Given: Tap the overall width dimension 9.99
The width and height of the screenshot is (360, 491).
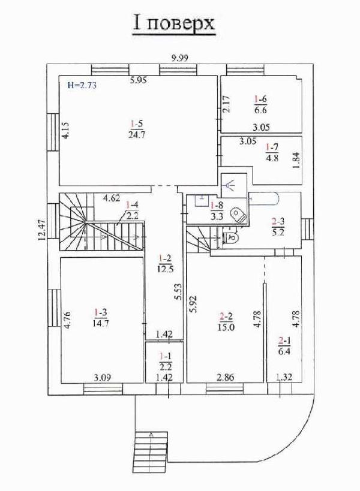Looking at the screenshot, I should [x=179, y=58].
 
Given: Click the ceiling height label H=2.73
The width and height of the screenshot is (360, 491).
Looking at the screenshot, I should [x=82, y=86].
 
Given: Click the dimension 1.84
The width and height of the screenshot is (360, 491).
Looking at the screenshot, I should [x=295, y=161].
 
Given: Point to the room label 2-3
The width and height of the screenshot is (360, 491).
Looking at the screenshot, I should [x=277, y=221].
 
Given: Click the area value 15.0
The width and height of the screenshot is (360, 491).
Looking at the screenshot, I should [x=226, y=327].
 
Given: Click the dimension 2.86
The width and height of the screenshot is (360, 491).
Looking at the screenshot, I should [x=226, y=377].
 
